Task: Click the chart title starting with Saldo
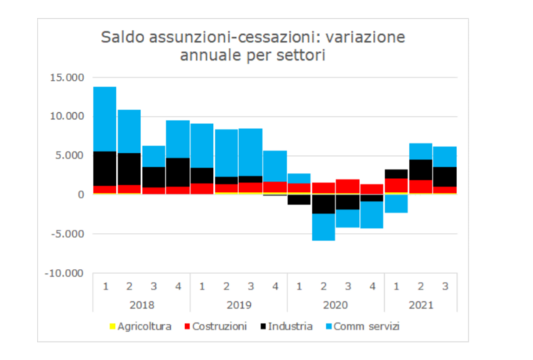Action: click(x=252, y=46)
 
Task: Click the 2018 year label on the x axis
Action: click(x=141, y=304)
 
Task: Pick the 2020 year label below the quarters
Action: click(x=335, y=304)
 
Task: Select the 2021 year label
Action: click(x=420, y=304)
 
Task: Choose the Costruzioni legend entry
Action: click(x=215, y=325)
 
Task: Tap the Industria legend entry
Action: click(x=286, y=325)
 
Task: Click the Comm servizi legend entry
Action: click(x=364, y=325)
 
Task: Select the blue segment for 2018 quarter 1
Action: click(x=104, y=118)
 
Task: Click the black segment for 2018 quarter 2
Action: click(x=129, y=169)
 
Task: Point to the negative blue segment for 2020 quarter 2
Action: click(x=323, y=227)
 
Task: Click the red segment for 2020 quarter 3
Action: click(x=347, y=186)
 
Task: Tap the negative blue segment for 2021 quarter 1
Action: click(x=396, y=203)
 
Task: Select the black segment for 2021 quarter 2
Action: click(x=420, y=169)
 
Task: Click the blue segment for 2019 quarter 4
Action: click(x=274, y=165)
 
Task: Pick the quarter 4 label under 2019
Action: click(x=274, y=285)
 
